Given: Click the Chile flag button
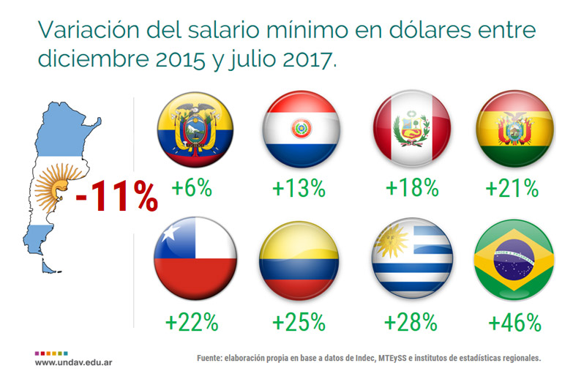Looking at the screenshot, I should coord(195,263).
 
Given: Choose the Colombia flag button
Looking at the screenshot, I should coord(300,263).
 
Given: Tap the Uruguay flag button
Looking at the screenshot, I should coord(412,263).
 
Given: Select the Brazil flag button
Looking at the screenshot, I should coord(514,263).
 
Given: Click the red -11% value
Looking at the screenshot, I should coord(116,195).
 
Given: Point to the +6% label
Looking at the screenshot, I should coord(192,188).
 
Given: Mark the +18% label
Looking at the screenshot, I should coord(411,188).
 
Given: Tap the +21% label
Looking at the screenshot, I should coord(512,188).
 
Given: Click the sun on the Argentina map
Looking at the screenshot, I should coord(51,192).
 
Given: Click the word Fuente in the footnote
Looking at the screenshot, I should coord(211,359).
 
